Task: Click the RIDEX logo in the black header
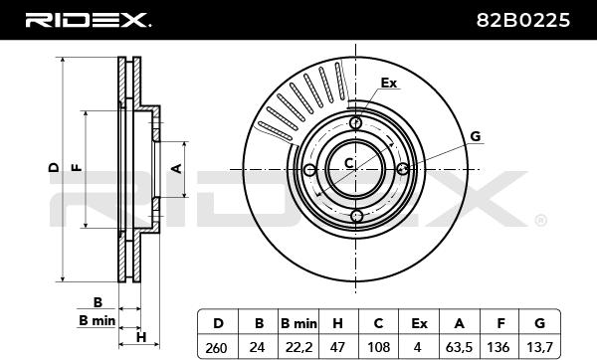[x=88, y=20]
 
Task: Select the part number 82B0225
[x=523, y=20]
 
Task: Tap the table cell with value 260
[x=216, y=347]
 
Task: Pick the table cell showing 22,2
[x=298, y=347]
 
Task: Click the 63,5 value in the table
[x=459, y=347]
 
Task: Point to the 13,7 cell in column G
[x=539, y=347]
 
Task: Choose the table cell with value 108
[x=378, y=347]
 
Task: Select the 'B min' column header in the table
[x=298, y=323]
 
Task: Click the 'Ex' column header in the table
[x=419, y=323]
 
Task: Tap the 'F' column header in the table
[x=500, y=323]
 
